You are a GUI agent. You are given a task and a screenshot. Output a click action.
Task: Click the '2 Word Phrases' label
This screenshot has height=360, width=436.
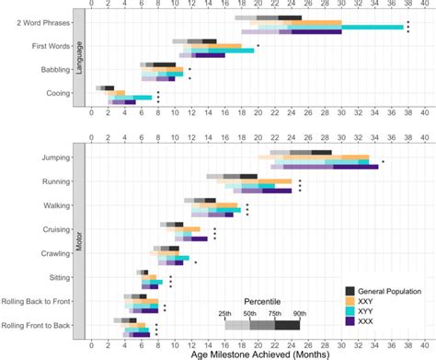[x=40, y=22]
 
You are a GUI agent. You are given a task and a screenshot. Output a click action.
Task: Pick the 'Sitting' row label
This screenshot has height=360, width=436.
[x=56, y=276]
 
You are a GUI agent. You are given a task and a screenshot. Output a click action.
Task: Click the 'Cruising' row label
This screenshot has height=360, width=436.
[x=53, y=229]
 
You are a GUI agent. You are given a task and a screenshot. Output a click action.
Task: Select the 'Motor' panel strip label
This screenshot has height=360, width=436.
[x=79, y=241]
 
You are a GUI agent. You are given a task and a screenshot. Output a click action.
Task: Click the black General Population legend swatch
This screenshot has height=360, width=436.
[x=350, y=291]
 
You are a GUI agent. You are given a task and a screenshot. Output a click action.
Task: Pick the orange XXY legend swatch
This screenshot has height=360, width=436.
[x=350, y=301]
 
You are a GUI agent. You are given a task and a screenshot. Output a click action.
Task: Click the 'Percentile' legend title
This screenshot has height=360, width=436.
[x=262, y=301]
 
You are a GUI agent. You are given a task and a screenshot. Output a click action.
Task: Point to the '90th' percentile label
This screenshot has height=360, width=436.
[x=300, y=313]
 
